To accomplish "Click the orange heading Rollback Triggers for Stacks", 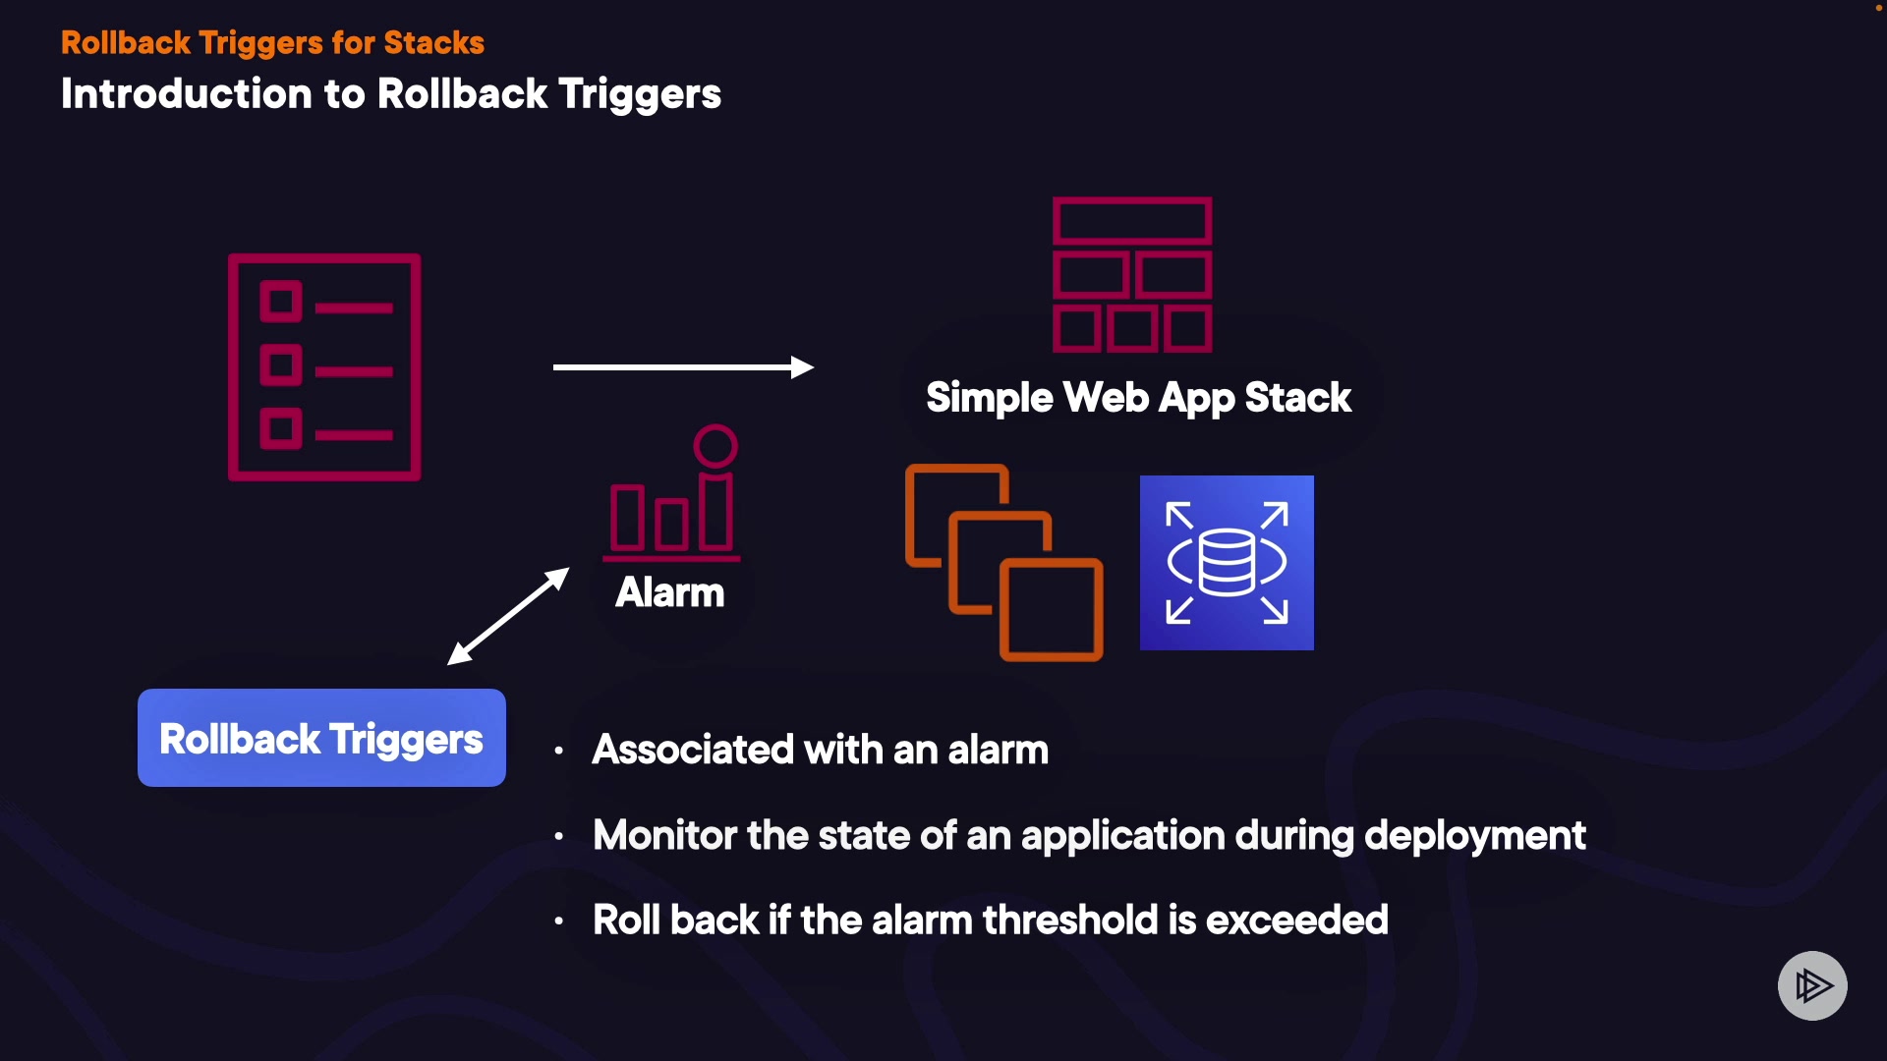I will [272, 42].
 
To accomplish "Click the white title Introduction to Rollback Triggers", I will [390, 94].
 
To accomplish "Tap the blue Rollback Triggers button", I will [321, 738].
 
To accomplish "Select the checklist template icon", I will [324, 367].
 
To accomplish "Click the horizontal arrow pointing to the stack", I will [682, 367].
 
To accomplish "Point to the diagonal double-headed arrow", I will [508, 616].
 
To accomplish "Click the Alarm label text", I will [669, 592].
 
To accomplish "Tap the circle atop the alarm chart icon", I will [715, 446].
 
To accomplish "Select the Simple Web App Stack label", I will [1138, 398].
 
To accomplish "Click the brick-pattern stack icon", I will [1132, 274].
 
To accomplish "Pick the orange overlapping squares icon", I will [1003, 562].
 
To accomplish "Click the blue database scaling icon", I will [1227, 563].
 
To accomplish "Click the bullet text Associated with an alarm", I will [820, 750].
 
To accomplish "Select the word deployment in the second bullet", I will [1474, 836].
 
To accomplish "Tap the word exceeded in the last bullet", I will [1296, 921].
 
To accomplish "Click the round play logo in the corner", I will [1812, 985].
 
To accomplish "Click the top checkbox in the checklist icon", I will [281, 302].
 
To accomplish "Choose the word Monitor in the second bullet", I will [664, 836].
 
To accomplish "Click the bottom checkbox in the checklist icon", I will [281, 429].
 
